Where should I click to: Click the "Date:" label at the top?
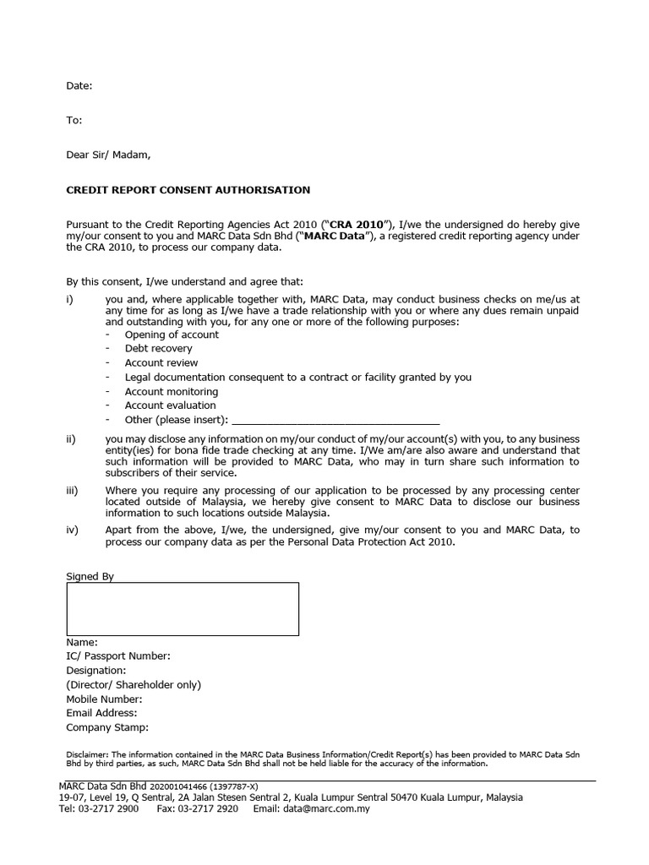tap(79, 86)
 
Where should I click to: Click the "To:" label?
tap(74, 121)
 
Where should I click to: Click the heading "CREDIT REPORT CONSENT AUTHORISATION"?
tap(188, 190)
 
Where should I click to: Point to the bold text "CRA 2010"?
tap(357, 224)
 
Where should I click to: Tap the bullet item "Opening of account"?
tap(172, 335)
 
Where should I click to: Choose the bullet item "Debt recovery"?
tap(158, 349)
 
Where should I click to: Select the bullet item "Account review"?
tap(161, 363)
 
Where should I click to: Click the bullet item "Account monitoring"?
tap(171, 392)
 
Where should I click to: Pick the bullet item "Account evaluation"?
tap(170, 405)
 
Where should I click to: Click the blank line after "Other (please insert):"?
tap(335, 420)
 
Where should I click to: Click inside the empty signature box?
tap(183, 609)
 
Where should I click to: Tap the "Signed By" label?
tap(90, 576)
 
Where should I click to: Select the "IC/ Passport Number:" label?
tap(118, 656)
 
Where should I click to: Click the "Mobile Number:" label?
tap(104, 699)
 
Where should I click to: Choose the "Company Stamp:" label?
tap(107, 727)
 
